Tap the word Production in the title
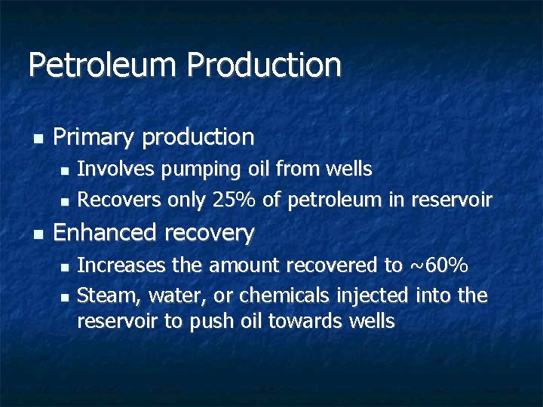(264, 65)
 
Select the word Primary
(94, 137)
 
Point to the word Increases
(121, 265)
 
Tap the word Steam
(103, 295)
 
